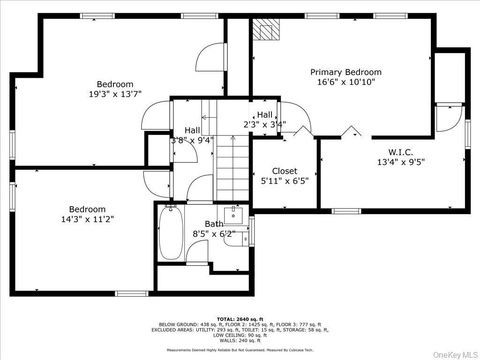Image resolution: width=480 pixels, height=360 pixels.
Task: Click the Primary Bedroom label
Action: [345, 72]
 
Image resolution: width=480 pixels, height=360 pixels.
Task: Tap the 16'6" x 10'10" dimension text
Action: [345, 82]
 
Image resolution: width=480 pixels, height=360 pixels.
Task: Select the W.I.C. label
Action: [400, 152]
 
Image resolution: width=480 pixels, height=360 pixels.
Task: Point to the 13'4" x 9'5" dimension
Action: [400, 162]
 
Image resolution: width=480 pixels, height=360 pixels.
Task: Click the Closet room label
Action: [285, 171]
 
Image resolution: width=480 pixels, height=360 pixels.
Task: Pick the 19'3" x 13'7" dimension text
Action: [115, 94]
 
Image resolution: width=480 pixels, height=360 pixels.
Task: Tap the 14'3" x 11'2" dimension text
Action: [87, 219]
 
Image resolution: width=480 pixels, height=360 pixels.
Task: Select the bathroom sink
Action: [232, 215]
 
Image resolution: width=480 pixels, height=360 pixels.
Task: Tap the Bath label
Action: [214, 224]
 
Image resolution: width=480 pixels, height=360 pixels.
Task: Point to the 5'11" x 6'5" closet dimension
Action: [285, 180]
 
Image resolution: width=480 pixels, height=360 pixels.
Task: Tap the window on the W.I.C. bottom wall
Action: [346, 211]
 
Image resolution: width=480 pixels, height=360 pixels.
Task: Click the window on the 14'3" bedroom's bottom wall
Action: [132, 294]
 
